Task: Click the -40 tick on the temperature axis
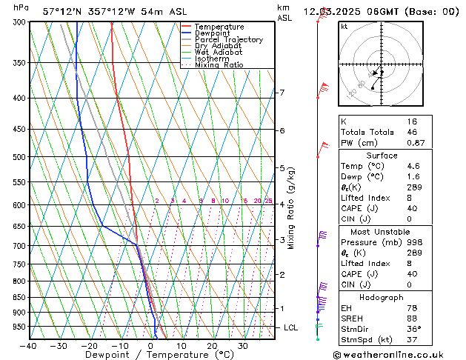pos(28,346)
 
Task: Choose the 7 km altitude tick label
pos(282,93)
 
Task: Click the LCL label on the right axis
pos(291,327)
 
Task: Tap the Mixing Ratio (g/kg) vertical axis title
pos(291,208)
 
